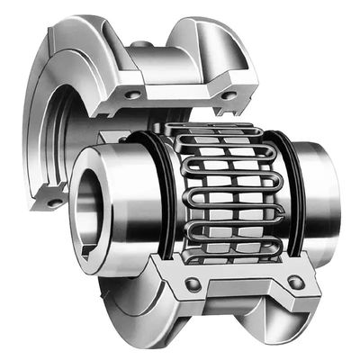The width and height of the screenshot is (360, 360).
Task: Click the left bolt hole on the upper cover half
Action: [133, 94]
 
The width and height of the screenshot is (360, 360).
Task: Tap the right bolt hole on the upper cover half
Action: [229, 94]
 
